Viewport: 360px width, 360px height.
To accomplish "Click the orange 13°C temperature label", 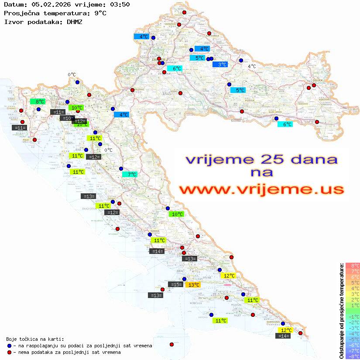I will (x=193, y=285).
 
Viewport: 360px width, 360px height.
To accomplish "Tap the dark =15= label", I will (x=175, y=285).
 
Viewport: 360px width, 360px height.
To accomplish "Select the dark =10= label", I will (x=67, y=118).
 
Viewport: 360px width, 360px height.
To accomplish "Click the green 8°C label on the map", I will (x=38, y=102).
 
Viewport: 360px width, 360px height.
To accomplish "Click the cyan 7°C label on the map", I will (x=130, y=175).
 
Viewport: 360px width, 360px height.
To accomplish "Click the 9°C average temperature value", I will (x=100, y=13).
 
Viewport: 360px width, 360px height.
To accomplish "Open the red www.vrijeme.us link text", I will (x=261, y=190).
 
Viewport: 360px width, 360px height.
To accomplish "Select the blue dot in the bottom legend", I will (x=9, y=346).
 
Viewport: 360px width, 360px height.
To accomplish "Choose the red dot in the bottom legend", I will (x=9, y=352).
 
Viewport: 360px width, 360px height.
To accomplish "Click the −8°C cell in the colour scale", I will (x=353, y=357).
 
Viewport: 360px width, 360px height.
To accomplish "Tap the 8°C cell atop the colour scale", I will (x=353, y=266).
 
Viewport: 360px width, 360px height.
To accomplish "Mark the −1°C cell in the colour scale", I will (x=353, y=317).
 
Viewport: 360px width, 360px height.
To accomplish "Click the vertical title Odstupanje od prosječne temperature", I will (x=341, y=311).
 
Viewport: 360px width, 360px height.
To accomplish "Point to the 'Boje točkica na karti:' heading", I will (x=35, y=339).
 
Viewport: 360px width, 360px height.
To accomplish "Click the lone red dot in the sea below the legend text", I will (x=171, y=344).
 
